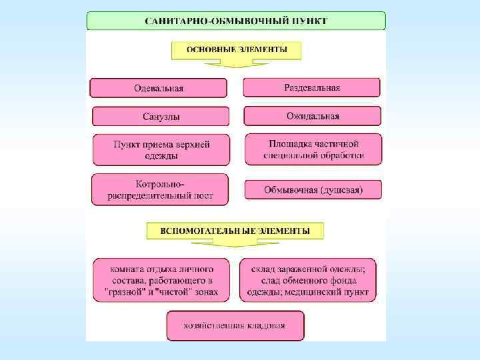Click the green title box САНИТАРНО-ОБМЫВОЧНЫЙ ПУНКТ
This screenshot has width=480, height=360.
pyautogui.click(x=236, y=20)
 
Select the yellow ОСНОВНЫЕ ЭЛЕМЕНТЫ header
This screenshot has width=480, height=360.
pyautogui.click(x=236, y=50)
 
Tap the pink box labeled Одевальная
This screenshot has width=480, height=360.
pyautogui.click(x=159, y=88)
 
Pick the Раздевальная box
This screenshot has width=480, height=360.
pyautogui.click(x=311, y=87)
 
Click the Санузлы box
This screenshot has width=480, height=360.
pyautogui.click(x=160, y=117)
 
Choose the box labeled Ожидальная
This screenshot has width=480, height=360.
pyautogui.click(x=312, y=116)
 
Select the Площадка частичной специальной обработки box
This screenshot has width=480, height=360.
pyautogui.click(x=313, y=150)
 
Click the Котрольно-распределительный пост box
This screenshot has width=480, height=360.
pyautogui.click(x=159, y=189)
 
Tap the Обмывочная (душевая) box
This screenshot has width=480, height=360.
pyautogui.click(x=313, y=190)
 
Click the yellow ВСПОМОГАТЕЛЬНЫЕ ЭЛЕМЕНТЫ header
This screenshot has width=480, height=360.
pyautogui.click(x=235, y=231)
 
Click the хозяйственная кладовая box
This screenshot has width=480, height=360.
pyautogui.click(x=235, y=326)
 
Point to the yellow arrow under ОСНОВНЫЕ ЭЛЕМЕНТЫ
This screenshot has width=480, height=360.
pyautogui.click(x=236, y=63)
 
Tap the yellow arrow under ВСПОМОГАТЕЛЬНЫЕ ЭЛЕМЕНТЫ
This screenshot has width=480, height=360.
pyautogui.click(x=235, y=244)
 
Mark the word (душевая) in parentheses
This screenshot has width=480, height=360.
pyautogui.click(x=341, y=190)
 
